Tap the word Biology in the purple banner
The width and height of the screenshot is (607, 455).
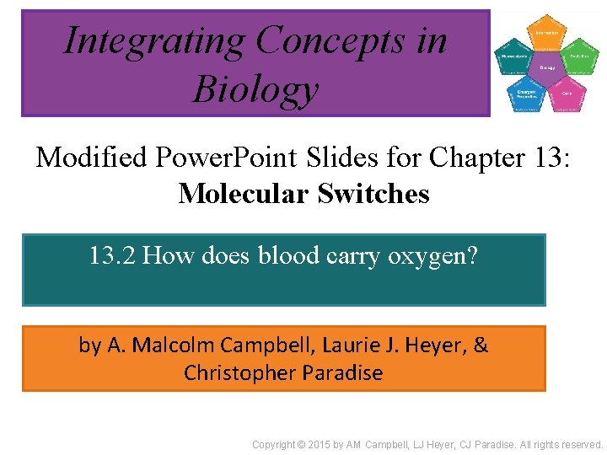click(x=255, y=89)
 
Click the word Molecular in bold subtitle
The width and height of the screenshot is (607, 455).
click(x=244, y=194)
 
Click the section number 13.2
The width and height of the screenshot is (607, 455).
click(x=112, y=255)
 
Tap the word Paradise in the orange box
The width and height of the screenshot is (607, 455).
click(x=340, y=372)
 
